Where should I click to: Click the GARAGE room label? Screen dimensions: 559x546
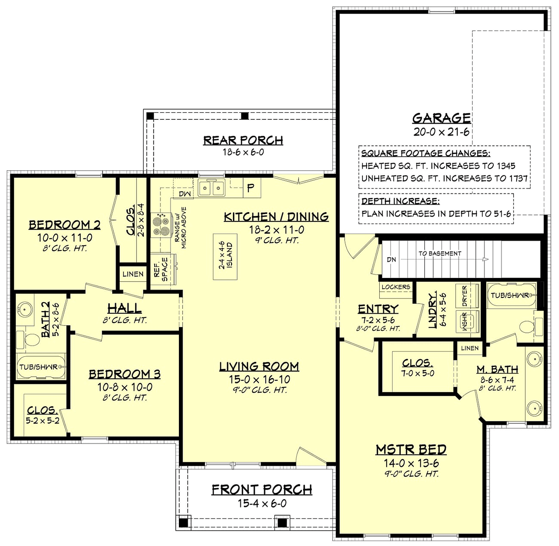pos(442,118)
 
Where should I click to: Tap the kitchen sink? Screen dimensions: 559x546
pos(211,187)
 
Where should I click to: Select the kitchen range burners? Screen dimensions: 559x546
pos(161,225)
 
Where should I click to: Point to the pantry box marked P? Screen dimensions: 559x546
pos(252,188)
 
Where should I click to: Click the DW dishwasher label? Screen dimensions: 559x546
pos(185,194)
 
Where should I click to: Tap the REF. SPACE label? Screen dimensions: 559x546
pos(161,270)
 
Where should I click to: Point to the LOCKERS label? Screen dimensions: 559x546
pos(396,287)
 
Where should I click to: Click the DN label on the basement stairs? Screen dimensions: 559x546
pos(391,260)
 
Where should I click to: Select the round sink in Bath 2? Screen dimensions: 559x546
pos(24,310)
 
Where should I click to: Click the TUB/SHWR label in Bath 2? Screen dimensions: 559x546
pos(39,367)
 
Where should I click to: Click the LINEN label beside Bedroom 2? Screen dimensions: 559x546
pos(133,274)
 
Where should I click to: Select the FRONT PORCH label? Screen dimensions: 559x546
pos(262,490)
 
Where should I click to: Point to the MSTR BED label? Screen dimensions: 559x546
pos(411,449)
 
